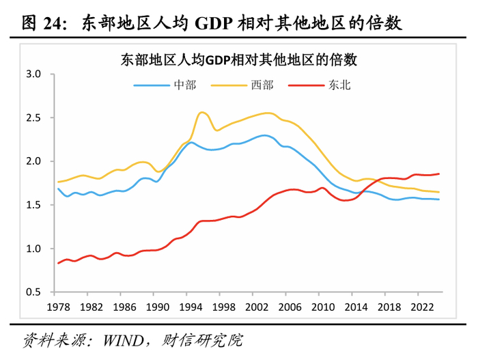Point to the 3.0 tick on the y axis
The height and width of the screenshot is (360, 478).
(x=33, y=74)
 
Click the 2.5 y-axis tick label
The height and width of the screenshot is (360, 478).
(x=33, y=117)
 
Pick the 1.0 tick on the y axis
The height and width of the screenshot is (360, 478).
(x=33, y=249)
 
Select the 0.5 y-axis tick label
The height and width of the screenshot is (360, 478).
(x=33, y=292)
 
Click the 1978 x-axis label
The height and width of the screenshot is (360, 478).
(x=58, y=307)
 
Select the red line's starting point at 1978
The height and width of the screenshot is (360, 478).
(x=59, y=263)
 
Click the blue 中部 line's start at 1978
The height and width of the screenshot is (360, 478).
(x=59, y=189)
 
